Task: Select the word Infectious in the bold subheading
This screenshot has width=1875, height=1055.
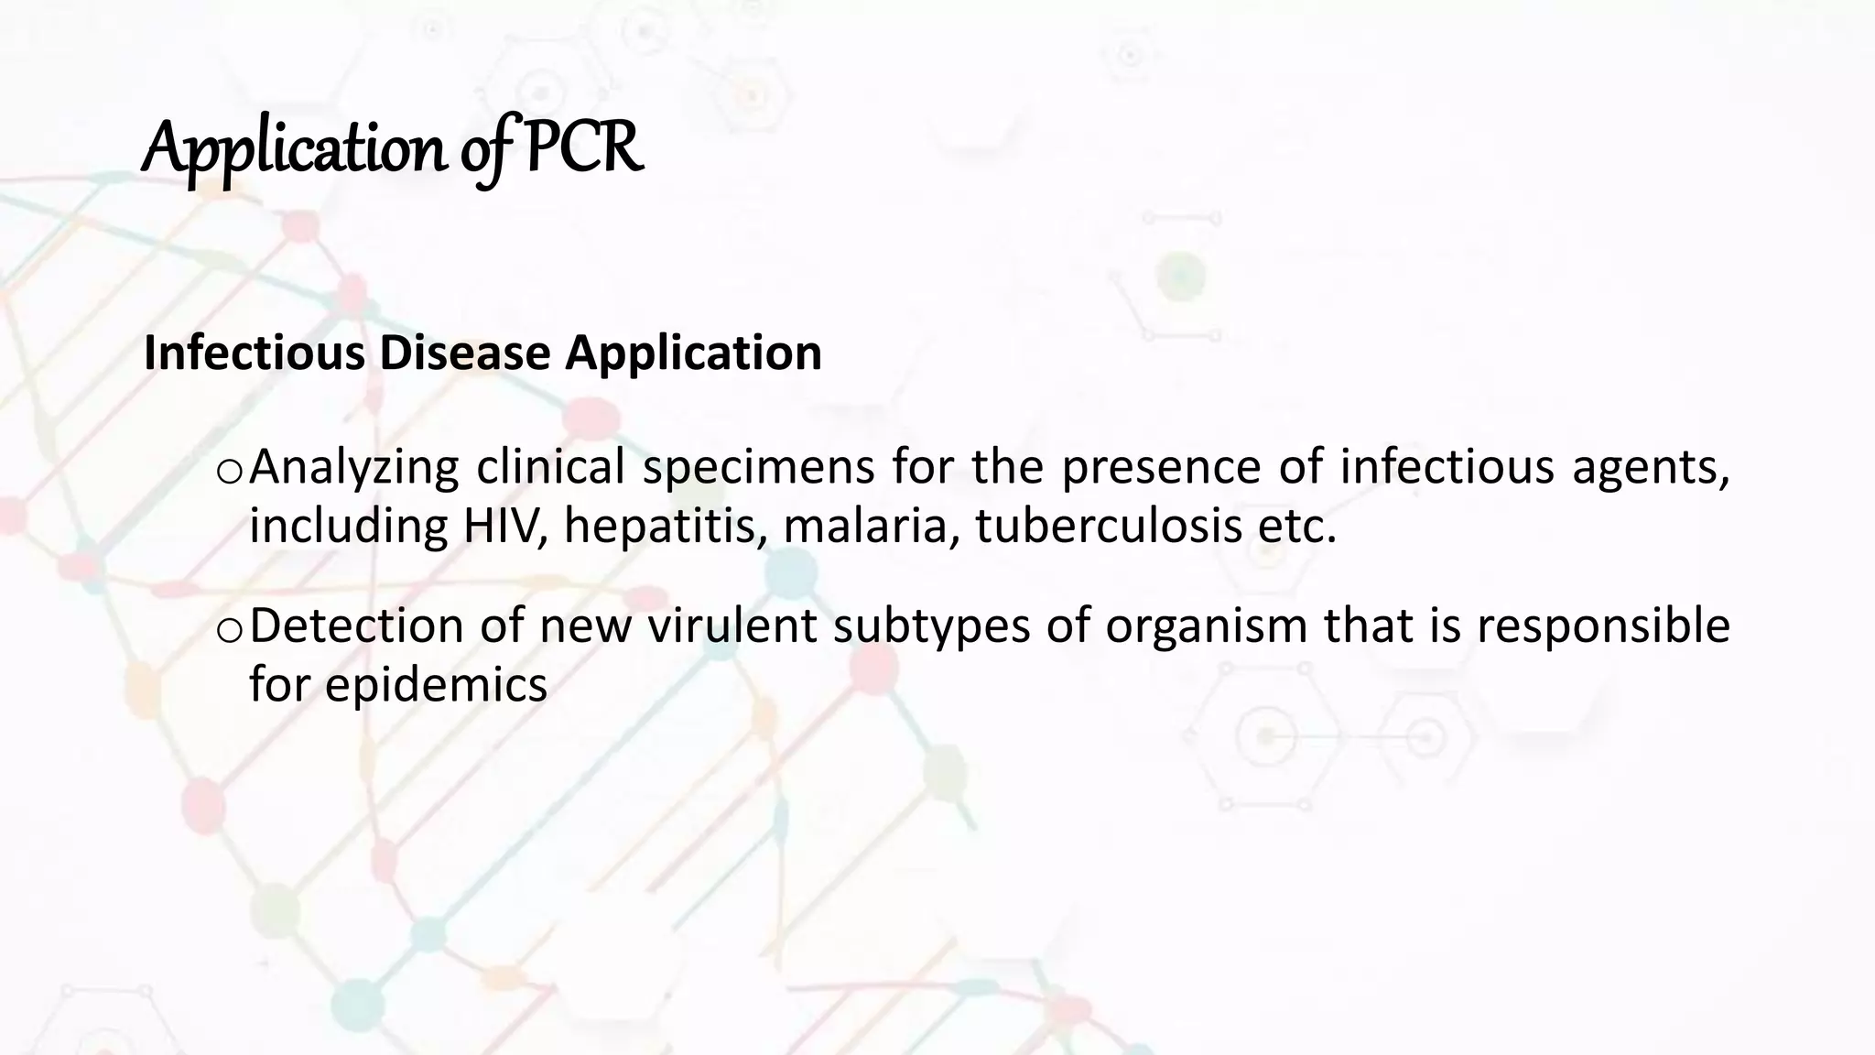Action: point(254,353)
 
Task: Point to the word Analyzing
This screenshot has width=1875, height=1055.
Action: point(353,467)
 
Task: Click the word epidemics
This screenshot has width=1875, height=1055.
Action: point(436,685)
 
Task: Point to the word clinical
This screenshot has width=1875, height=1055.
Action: point(550,467)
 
